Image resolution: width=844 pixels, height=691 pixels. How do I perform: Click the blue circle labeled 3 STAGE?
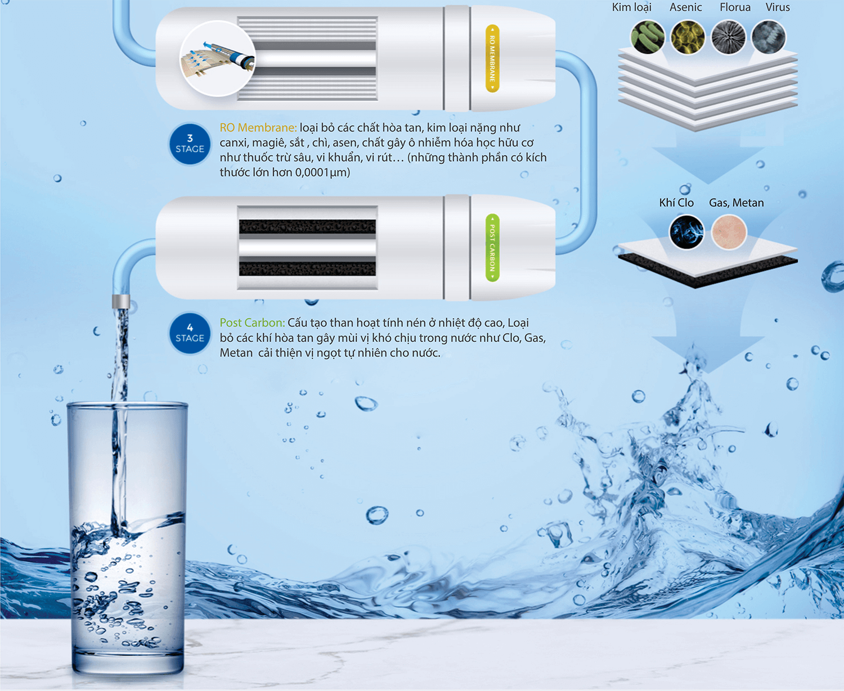coord(190,144)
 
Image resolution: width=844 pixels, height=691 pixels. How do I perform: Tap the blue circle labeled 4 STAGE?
coord(190,333)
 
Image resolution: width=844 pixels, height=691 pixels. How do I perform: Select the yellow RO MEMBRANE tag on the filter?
coord(492,58)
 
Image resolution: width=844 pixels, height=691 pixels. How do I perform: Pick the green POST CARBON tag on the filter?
coord(492,247)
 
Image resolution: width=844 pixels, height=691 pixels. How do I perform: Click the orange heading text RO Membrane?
coord(258,128)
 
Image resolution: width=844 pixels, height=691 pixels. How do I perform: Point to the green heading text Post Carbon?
coord(252,322)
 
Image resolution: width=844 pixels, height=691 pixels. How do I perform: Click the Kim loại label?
coord(631,7)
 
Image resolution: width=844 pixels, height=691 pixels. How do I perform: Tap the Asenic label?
coord(685,7)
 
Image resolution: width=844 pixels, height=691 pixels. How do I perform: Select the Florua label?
coord(735,7)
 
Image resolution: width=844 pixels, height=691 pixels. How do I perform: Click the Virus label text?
coord(778,7)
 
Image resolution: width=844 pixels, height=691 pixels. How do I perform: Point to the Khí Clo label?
coord(676,203)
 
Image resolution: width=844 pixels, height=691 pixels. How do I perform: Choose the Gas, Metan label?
coord(737,203)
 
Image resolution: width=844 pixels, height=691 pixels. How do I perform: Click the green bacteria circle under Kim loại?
coord(648,37)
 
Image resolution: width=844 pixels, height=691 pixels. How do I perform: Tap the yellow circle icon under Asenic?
coord(688,37)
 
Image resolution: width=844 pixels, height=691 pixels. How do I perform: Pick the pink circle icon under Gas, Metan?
coord(729,232)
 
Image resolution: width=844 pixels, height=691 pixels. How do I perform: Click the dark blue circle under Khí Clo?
coord(686,232)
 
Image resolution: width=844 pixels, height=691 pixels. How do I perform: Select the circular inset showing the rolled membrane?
coord(217,58)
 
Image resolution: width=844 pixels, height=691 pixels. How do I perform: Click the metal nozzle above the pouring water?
coord(121,301)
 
